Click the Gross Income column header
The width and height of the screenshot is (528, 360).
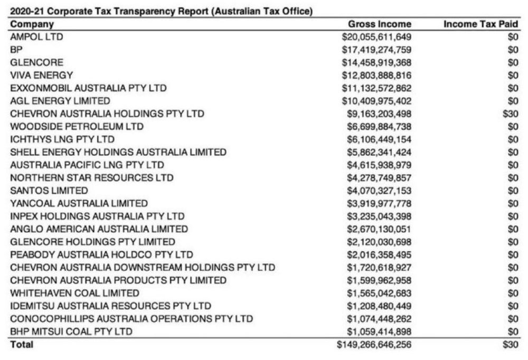click(379, 24)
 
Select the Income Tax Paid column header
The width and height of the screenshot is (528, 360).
click(481, 24)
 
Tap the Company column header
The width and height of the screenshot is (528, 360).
click(32, 24)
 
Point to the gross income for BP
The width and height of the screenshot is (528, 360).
click(376, 50)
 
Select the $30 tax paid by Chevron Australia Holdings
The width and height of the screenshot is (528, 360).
click(511, 113)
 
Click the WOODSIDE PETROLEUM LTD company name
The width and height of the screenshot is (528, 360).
click(77, 127)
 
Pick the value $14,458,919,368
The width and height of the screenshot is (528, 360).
click(376, 62)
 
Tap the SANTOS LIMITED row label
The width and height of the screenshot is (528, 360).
click(49, 191)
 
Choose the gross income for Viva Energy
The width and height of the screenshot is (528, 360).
click(376, 75)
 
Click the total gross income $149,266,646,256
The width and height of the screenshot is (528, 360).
click(374, 345)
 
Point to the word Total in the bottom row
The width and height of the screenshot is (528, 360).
click(22, 345)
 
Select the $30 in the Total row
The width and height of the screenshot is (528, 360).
click(511, 345)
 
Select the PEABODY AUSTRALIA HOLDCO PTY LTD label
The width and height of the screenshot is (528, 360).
click(102, 254)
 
